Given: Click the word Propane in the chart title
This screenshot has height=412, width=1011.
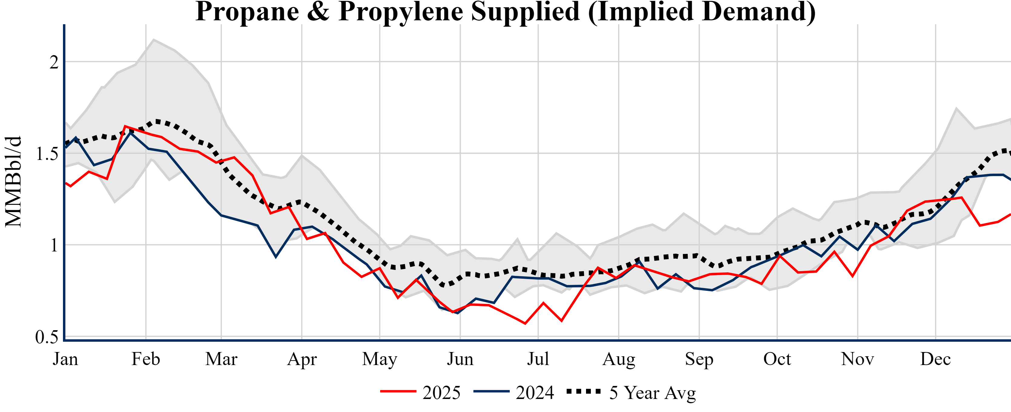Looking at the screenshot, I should tap(247, 12).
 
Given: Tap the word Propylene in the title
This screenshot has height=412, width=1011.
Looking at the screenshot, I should tap(400, 12).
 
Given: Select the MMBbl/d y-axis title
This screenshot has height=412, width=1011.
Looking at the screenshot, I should tap(13, 181).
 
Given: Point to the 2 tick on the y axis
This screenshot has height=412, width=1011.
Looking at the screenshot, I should tap(54, 62).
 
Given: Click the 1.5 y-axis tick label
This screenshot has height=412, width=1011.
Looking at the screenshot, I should tap(47, 154).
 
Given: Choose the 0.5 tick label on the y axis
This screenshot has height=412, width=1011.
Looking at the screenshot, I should tap(47, 337).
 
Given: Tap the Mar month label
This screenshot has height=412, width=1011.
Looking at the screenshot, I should tap(221, 359).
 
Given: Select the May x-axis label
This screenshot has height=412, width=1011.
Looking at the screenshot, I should tap(380, 359).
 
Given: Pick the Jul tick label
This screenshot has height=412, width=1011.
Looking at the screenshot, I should tap(538, 359).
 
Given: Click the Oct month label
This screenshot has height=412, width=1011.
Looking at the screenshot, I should tap(777, 359).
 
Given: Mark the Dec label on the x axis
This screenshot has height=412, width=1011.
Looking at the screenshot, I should tap(936, 359).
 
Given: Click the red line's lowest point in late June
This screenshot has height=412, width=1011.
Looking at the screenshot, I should tap(525, 324).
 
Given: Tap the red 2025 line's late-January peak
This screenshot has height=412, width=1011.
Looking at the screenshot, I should tap(125, 126).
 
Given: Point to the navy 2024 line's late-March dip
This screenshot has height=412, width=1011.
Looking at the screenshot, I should tap(276, 257).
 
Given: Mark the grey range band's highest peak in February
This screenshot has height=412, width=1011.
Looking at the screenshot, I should tap(153, 39).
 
